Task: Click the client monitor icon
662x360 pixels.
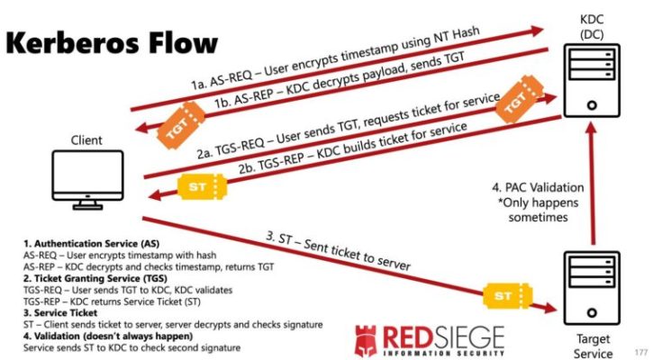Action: pyautogui.click(x=88, y=180)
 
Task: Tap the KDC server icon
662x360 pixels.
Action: pyautogui.click(x=592, y=81)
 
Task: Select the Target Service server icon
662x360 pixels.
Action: pyautogui.click(x=592, y=288)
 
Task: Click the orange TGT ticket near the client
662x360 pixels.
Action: pyautogui.click(x=181, y=125)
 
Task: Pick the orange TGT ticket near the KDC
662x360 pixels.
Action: pyautogui.click(x=519, y=99)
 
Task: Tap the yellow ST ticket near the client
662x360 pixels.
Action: pyautogui.click(x=202, y=186)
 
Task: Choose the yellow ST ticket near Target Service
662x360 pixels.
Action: pyautogui.click(x=507, y=295)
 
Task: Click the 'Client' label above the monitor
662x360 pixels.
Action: pyautogui.click(x=86, y=140)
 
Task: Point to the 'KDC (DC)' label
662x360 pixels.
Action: pyautogui.click(x=592, y=27)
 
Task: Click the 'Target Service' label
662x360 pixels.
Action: pyautogui.click(x=593, y=346)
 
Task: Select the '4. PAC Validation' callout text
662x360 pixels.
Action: pyautogui.click(x=538, y=187)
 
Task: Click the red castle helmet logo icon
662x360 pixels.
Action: pyautogui.click(x=366, y=340)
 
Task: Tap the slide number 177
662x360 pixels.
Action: pyautogui.click(x=641, y=352)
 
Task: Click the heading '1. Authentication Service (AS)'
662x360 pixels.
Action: pyautogui.click(x=92, y=244)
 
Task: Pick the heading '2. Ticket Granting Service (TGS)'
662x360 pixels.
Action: pyautogui.click(x=95, y=278)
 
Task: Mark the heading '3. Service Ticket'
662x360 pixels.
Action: pyautogui.click(x=60, y=313)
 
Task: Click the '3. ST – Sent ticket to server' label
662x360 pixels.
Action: pyautogui.click(x=338, y=251)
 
